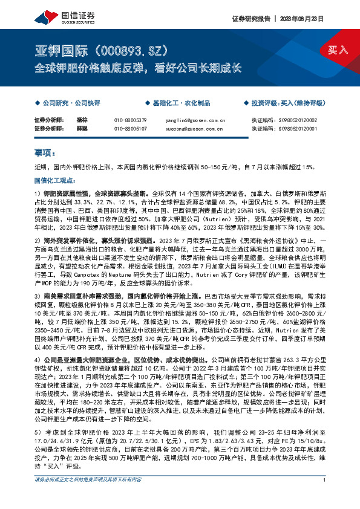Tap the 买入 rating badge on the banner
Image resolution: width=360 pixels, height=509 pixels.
pyautogui.click(x=338, y=50)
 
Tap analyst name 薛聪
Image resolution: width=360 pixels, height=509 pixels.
pyautogui.click(x=82, y=129)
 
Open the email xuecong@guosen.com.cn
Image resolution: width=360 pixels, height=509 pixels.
pyautogui.click(x=195, y=129)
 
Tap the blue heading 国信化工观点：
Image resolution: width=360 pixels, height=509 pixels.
pyautogui.click(x=52, y=180)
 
